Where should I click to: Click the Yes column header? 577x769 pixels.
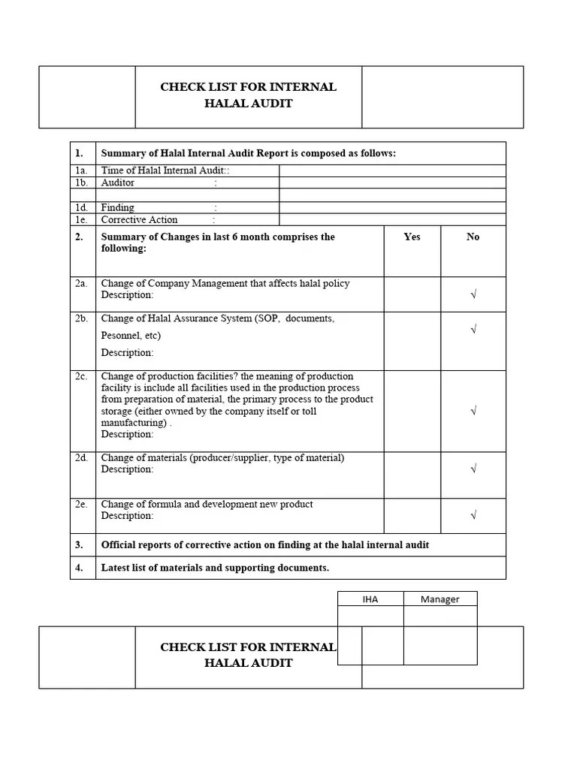[x=412, y=237]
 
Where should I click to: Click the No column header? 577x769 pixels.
[x=473, y=237]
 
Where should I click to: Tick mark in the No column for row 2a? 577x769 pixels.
[x=473, y=295]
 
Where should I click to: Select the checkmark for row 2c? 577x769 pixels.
[x=473, y=411]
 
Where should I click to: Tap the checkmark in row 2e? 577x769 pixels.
[x=473, y=515]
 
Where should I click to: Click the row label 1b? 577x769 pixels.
[x=81, y=182]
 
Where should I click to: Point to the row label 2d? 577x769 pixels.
[x=81, y=457]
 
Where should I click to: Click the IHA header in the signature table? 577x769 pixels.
[x=370, y=599]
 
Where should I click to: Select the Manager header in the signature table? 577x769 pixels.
[x=440, y=599]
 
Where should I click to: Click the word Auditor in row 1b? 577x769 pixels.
[x=118, y=182]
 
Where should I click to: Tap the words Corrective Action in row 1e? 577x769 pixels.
[x=139, y=220]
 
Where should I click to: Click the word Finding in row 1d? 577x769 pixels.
[x=118, y=207]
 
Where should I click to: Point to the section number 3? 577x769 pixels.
[x=79, y=544]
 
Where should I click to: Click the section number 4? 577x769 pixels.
[x=79, y=568]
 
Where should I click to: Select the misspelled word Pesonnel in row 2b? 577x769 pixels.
[x=120, y=336]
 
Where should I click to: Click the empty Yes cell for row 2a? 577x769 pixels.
[x=412, y=294]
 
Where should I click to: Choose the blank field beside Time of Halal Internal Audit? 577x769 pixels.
[x=391, y=170]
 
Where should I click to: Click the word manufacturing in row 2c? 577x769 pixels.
[x=133, y=423]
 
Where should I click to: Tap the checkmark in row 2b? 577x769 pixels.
[x=473, y=330]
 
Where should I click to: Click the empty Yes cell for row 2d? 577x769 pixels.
[x=412, y=475]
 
